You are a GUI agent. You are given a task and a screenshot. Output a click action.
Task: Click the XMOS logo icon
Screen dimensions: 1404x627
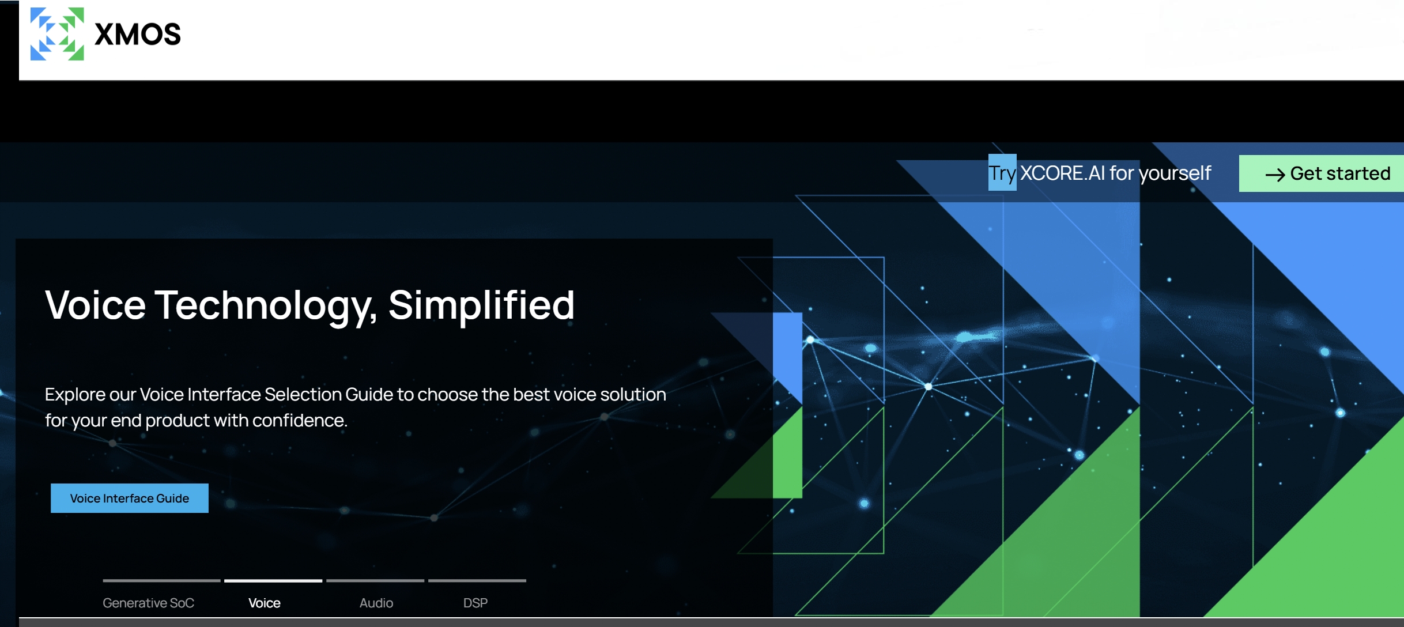pos(57,34)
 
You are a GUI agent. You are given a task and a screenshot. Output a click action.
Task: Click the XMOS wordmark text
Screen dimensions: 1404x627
pos(138,35)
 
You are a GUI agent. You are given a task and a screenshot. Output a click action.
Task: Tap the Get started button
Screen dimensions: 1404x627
pos(1322,173)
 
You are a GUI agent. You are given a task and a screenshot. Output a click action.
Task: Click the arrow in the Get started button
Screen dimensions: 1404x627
pos(1275,175)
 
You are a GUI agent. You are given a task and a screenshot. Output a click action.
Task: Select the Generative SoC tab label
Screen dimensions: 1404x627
pos(148,603)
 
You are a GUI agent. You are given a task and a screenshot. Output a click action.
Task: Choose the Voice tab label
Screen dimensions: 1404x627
pos(265,603)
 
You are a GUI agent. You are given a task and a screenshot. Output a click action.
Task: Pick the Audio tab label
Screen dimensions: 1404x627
pos(376,603)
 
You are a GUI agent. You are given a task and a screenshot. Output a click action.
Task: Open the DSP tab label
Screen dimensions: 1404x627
pos(475,603)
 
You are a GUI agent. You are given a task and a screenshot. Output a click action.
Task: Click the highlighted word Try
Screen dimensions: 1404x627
pos(1002,173)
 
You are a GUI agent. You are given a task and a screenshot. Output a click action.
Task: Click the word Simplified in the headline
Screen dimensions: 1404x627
pos(481,305)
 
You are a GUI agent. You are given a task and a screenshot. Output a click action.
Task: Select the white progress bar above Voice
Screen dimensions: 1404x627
pos(273,581)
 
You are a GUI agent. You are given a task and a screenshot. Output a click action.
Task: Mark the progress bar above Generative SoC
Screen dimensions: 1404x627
pos(161,581)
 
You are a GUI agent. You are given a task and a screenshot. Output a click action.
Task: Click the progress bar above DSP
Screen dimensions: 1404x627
pos(477,581)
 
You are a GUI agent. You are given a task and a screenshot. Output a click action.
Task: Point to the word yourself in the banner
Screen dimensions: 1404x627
pos(1175,173)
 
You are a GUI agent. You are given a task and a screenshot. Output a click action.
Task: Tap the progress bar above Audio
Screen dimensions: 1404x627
pos(375,581)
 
